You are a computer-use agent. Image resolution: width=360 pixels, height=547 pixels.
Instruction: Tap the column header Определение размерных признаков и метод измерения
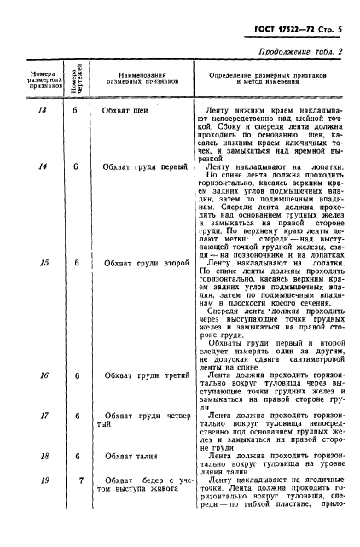269,79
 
